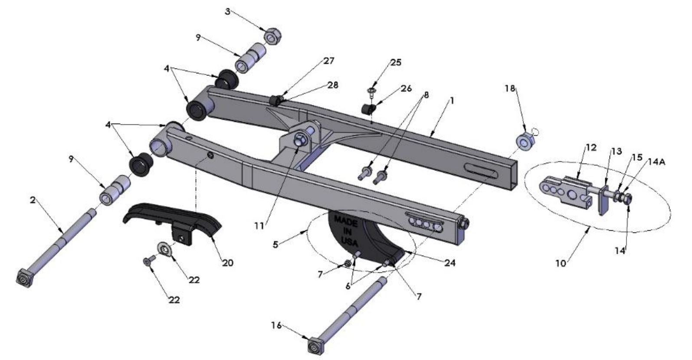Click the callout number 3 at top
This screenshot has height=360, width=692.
tap(227, 12)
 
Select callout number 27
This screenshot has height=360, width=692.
tap(328, 61)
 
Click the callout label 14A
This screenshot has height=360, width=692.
tap(657, 162)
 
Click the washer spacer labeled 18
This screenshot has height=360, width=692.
tap(525, 142)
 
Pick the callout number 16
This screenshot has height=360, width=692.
tap(276, 325)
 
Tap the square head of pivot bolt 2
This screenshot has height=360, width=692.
tap(24, 278)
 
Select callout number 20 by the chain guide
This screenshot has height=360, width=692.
tap(227, 262)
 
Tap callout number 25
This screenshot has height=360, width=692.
tap(395, 62)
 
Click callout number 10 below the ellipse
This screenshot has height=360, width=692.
tap(561, 263)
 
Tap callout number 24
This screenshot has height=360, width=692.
tap(450, 262)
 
